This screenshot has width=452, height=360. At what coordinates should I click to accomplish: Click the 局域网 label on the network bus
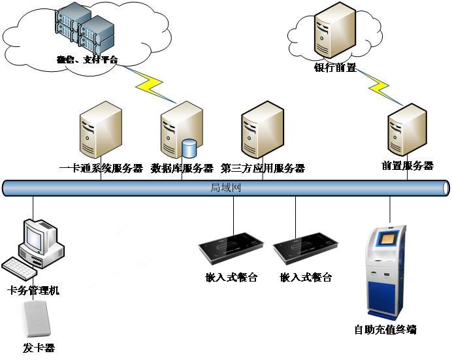point(226,188)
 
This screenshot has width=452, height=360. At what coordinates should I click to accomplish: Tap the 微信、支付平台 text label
point(86,60)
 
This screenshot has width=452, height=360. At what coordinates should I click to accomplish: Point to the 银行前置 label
point(335,67)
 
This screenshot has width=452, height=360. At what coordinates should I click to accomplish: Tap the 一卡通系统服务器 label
point(101,169)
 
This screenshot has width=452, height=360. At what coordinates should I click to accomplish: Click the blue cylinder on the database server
point(189,148)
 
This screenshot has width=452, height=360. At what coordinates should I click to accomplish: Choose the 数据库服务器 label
point(182,169)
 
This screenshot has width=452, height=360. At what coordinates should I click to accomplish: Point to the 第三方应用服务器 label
point(263,169)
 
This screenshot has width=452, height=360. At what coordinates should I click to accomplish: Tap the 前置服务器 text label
point(408,166)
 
